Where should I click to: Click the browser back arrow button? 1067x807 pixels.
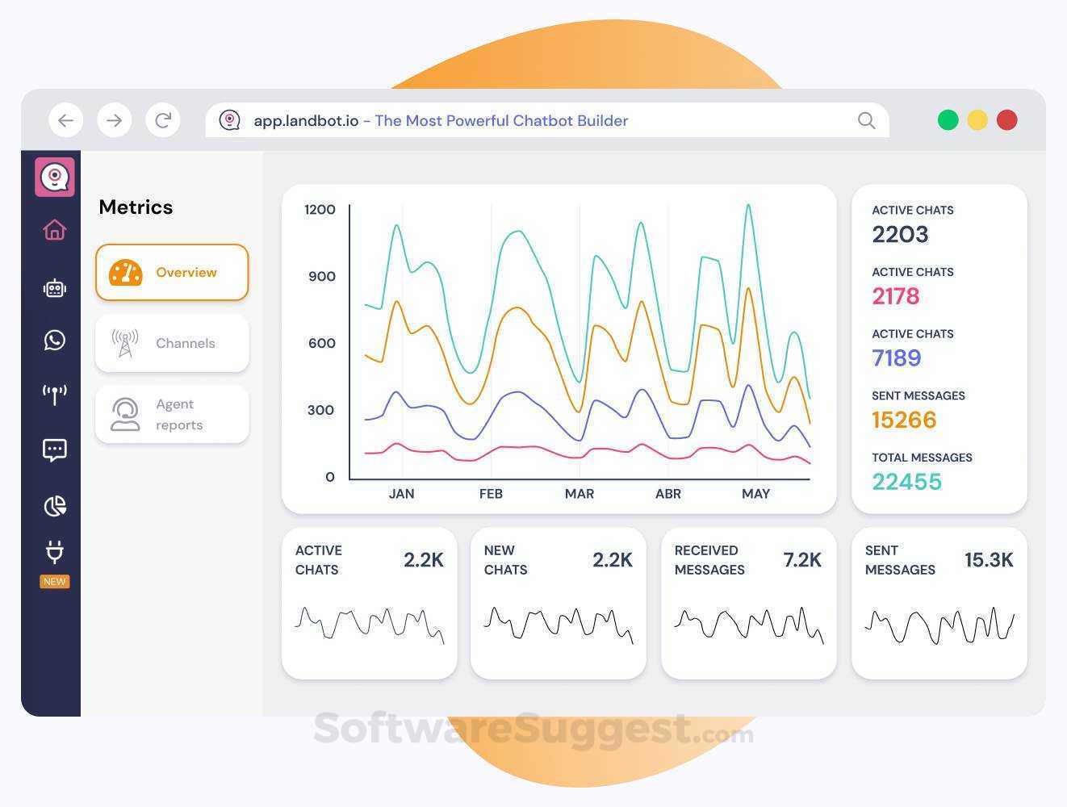click(65, 120)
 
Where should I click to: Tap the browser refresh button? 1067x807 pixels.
click(163, 120)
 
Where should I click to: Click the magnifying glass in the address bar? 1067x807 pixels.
click(866, 120)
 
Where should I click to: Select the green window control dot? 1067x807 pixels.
click(948, 120)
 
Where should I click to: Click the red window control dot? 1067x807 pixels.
click(1006, 120)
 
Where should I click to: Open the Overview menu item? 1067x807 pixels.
click(172, 272)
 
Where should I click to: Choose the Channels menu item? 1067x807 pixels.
click(172, 343)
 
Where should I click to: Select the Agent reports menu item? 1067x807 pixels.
click(172, 415)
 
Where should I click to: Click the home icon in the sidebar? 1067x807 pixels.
click(55, 229)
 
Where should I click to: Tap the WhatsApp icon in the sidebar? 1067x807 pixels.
click(54, 340)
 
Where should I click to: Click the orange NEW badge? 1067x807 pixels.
click(54, 582)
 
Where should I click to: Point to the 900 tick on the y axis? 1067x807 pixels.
click(322, 277)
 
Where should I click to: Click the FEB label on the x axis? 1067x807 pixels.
click(491, 494)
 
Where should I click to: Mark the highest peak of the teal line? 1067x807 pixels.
click(749, 205)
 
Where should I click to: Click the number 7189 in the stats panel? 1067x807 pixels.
click(897, 358)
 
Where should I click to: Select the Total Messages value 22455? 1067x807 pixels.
click(906, 482)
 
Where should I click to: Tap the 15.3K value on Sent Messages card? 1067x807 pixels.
click(989, 560)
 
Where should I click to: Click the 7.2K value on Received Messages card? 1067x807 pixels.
click(802, 560)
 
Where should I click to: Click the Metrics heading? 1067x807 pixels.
click(136, 207)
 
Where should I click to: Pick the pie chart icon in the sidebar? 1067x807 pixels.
click(55, 506)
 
